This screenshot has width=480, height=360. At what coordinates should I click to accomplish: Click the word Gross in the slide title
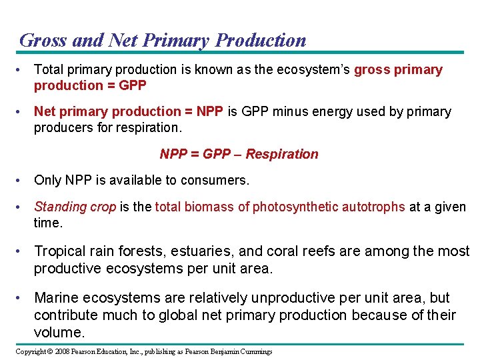(43, 40)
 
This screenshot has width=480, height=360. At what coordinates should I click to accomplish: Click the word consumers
(216, 180)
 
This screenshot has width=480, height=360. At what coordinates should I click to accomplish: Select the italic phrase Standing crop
(75, 207)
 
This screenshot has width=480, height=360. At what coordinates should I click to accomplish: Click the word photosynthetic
(295, 207)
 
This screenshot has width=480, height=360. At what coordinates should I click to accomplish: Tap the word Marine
(56, 298)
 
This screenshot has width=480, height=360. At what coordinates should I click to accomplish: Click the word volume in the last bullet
(57, 332)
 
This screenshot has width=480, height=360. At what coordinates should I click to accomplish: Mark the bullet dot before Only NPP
(22, 180)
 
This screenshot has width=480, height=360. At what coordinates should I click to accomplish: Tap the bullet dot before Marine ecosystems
(22, 298)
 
